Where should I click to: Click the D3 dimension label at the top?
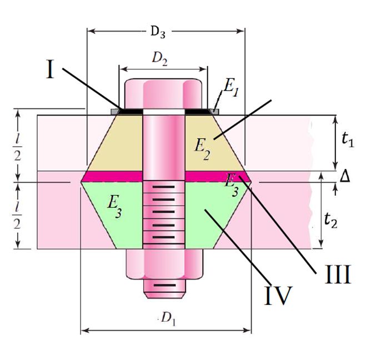click(158, 32)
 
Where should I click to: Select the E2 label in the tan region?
click(203, 148)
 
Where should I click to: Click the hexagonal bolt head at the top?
click(163, 94)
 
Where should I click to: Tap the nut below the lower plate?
click(163, 262)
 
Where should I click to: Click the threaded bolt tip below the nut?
click(163, 286)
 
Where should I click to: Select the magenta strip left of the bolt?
click(114, 177)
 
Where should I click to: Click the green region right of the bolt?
click(211, 219)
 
